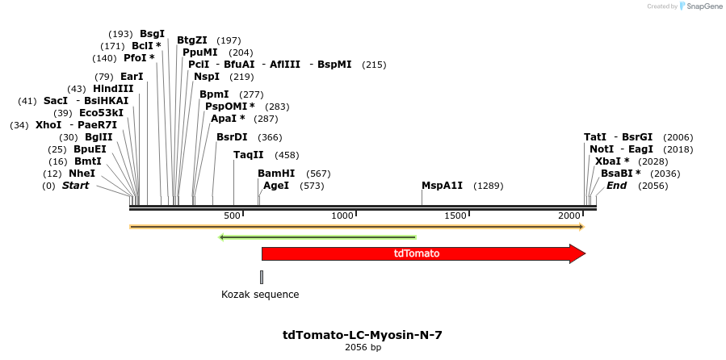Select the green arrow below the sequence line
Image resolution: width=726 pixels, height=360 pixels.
(317, 237)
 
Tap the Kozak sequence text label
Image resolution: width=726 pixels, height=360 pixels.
(260, 295)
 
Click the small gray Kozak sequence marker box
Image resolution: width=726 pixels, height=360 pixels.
(262, 277)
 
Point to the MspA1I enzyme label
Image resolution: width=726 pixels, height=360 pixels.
(442, 186)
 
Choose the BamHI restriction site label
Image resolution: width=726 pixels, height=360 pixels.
(276, 174)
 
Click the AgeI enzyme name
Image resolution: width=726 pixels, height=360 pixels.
(276, 186)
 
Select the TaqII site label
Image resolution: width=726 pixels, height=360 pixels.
(249, 155)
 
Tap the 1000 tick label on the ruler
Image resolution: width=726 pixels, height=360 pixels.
(343, 216)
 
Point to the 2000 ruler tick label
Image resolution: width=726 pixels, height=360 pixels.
(569, 216)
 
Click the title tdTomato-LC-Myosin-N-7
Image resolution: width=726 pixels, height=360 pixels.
(363, 335)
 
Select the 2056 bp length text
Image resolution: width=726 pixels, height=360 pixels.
(363, 348)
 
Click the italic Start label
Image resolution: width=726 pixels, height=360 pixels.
(75, 186)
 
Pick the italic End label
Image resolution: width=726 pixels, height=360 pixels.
(616, 186)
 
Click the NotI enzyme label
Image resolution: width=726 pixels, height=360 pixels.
(602, 149)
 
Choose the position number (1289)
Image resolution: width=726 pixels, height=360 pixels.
(488, 186)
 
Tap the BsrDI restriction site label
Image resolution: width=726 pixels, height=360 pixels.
(232, 137)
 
